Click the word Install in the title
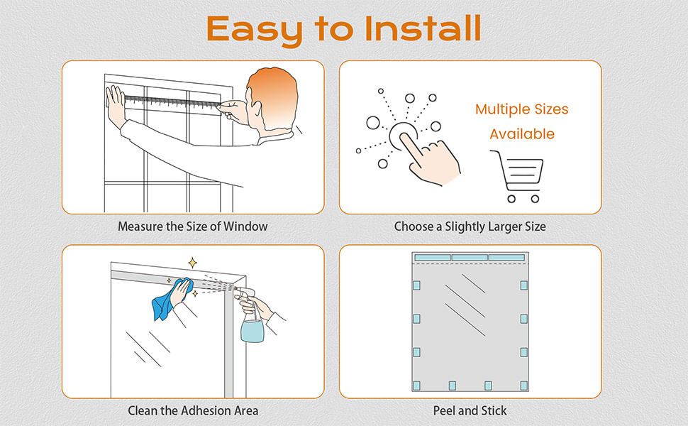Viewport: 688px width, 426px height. click(423, 28)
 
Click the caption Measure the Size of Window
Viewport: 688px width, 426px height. click(193, 227)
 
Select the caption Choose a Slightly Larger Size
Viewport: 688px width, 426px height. click(470, 227)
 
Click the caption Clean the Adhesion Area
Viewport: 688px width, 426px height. click(193, 410)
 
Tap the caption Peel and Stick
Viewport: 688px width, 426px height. click(470, 410)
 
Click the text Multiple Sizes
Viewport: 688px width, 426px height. click(521, 109)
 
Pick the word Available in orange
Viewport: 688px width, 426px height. click(521, 134)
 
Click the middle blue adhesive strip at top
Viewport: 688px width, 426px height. click(470, 257)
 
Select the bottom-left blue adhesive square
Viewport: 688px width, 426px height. click(416, 386)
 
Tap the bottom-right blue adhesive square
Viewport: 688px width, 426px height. click(524, 386)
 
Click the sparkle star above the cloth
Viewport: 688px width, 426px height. click(192, 263)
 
